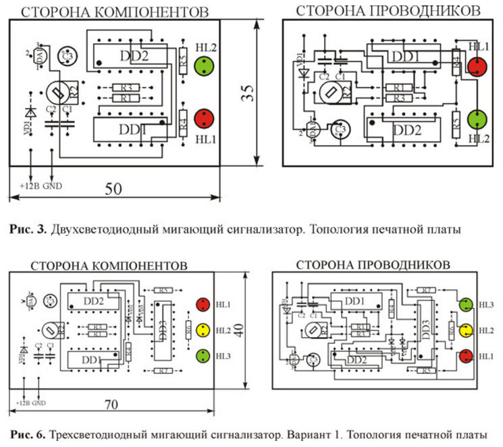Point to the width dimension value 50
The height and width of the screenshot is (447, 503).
click(113, 189)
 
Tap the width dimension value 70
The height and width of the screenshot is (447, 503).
click(111, 406)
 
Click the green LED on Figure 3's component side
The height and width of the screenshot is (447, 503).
click(204, 67)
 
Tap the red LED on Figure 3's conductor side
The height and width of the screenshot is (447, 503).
click(477, 67)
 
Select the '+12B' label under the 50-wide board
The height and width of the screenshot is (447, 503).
click(29, 185)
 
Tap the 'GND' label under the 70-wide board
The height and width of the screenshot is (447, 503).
click(39, 403)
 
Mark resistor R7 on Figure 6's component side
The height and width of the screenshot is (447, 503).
click(163, 371)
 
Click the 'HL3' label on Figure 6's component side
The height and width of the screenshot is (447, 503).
click(222, 355)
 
